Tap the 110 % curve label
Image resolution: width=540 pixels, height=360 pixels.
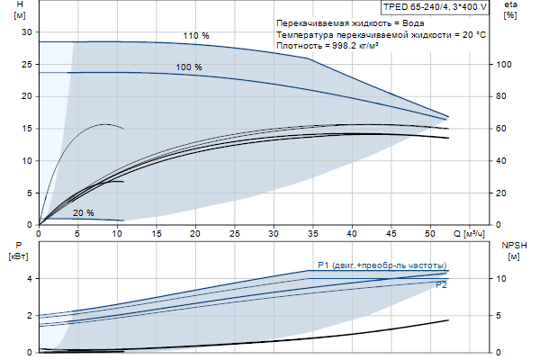click(x=195, y=36)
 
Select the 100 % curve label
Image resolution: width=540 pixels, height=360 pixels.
click(x=189, y=67)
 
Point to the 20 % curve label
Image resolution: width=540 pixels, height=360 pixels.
click(x=83, y=212)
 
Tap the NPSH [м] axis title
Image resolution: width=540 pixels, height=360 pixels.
click(x=512, y=250)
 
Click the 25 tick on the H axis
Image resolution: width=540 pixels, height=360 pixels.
click(x=26, y=64)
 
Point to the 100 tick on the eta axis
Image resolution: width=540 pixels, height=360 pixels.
click(x=505, y=65)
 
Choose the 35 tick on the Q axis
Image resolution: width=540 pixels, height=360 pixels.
click(x=313, y=233)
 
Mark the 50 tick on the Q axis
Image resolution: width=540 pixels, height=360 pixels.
click(x=431, y=233)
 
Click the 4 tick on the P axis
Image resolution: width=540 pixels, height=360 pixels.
click(x=29, y=279)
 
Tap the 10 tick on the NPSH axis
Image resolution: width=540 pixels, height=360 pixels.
click(x=503, y=279)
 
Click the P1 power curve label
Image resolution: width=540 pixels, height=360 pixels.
click(x=382, y=265)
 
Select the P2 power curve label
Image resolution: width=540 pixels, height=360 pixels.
click(x=441, y=284)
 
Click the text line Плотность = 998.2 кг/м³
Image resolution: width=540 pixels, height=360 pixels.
click(x=338, y=45)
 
